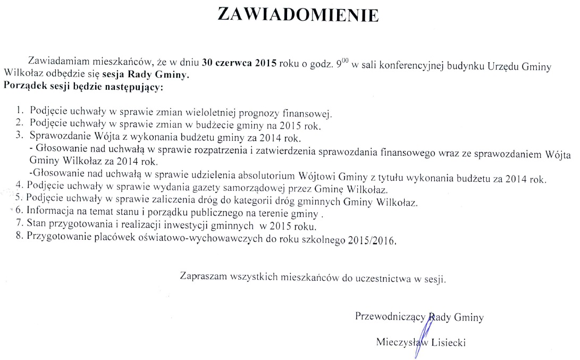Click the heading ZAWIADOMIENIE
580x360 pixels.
pos(298,14)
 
